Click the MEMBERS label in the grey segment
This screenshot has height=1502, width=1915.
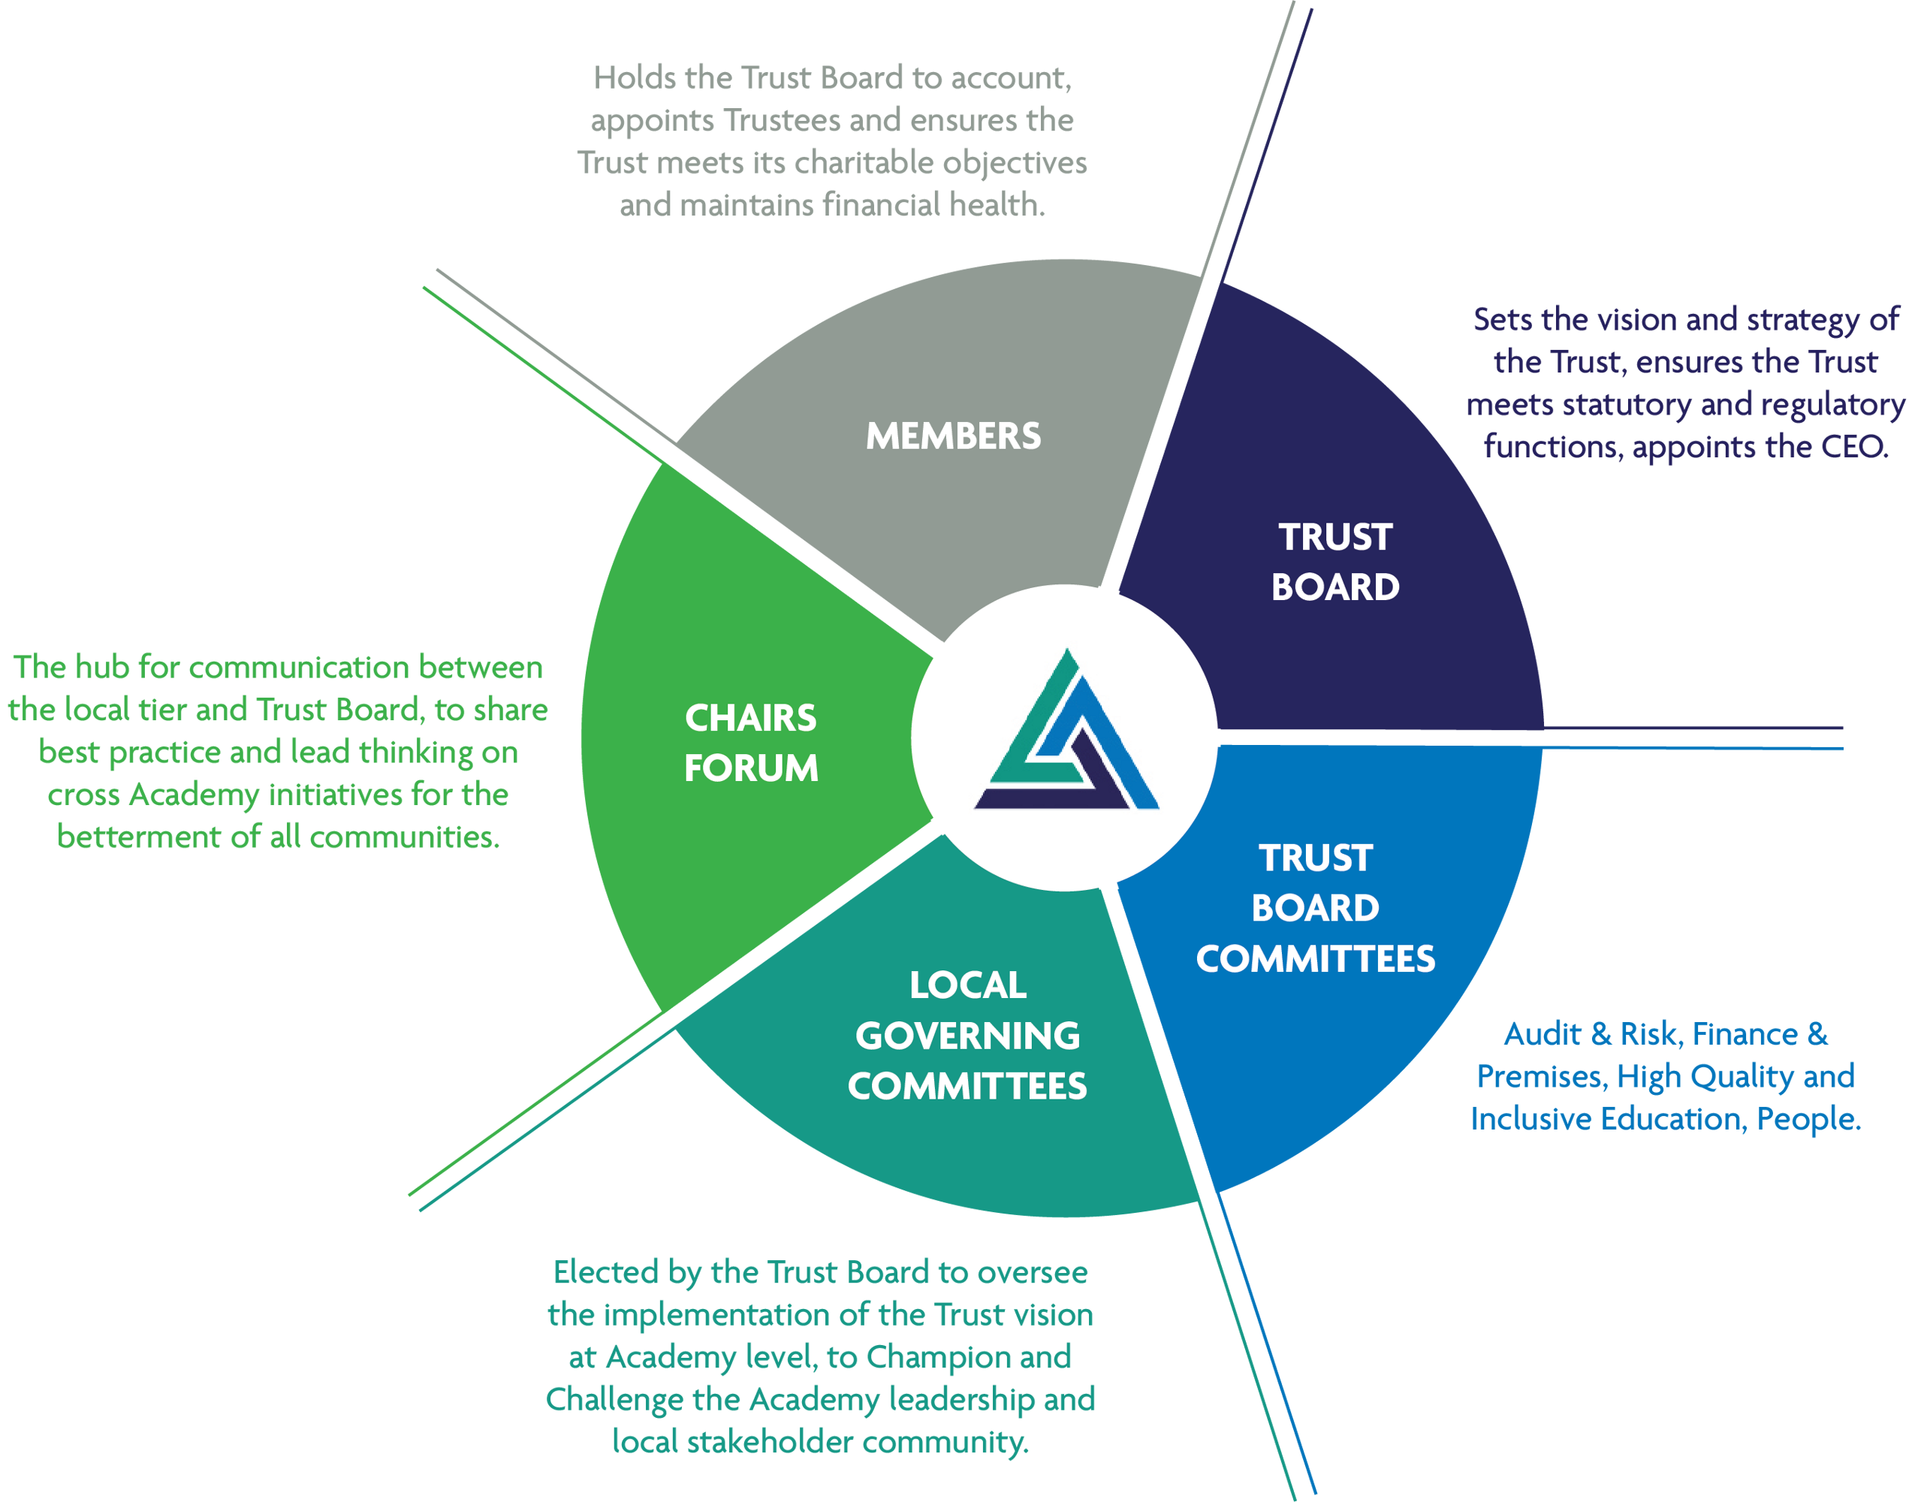point(953,436)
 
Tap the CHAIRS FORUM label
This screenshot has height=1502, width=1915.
point(751,743)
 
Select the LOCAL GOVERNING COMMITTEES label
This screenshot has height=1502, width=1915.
point(967,1035)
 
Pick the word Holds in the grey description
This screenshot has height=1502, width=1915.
point(634,78)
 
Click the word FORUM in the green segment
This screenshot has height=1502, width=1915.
point(751,768)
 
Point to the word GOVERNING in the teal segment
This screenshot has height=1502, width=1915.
point(967,1035)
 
